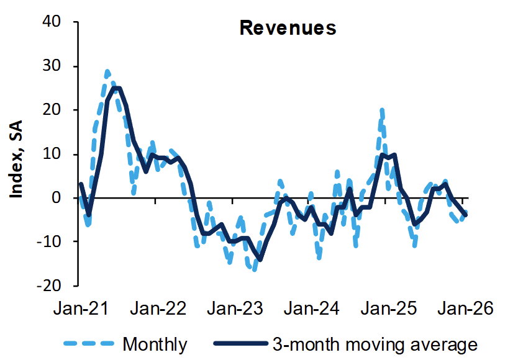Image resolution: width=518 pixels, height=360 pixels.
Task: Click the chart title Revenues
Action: click(x=288, y=29)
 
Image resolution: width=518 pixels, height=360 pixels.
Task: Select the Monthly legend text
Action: click(x=155, y=343)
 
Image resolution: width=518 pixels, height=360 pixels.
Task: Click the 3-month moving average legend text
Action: click(x=375, y=343)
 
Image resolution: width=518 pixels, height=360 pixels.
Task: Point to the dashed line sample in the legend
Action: click(x=88, y=343)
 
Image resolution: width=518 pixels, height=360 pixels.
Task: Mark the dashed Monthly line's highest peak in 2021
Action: click(x=107, y=72)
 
